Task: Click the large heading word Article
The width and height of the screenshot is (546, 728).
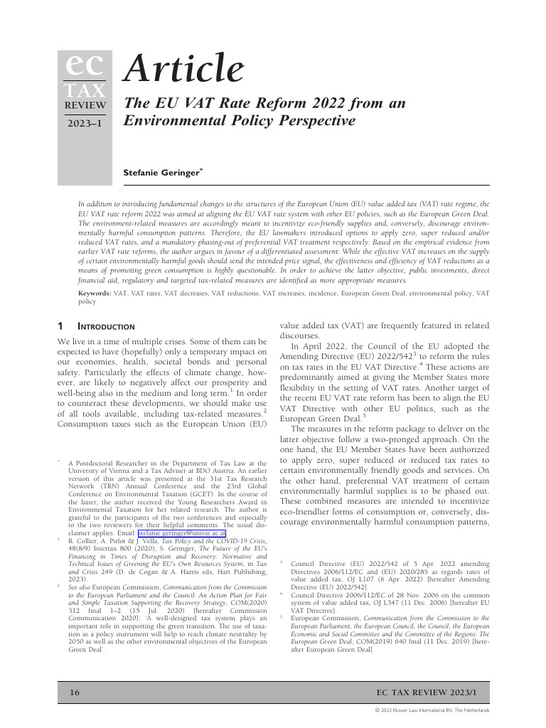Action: tap(183, 69)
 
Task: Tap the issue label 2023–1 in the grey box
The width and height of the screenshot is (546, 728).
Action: tap(85, 124)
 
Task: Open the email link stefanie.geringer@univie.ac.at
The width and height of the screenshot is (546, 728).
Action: tap(181, 531)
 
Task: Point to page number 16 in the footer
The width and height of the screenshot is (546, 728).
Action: tap(74, 692)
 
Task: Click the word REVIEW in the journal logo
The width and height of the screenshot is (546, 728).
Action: tap(85, 106)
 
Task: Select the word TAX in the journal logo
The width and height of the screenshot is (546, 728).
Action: tap(84, 90)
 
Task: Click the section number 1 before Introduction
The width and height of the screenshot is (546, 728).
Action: tap(60, 326)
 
